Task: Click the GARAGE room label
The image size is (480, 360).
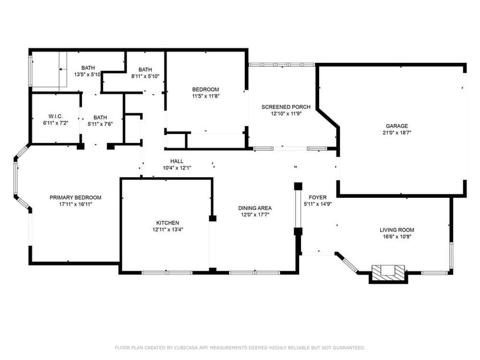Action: point(397,126)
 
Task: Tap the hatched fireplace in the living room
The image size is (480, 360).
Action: point(388,272)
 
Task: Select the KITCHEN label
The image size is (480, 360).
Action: point(168,223)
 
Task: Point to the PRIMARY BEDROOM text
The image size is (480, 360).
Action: point(75,197)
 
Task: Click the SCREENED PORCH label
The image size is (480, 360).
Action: point(286,107)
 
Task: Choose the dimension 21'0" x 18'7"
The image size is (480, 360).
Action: point(397,133)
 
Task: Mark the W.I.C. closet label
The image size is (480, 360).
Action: point(55,116)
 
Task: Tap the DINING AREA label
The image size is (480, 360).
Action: point(255,208)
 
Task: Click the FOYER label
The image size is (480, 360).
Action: point(317,197)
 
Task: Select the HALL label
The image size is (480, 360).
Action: point(177,161)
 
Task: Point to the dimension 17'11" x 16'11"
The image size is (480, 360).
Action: point(75,204)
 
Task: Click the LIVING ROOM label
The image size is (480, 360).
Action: point(397,230)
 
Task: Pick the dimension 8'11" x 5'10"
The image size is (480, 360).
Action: point(145,76)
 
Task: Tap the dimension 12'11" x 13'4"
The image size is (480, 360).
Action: point(168,230)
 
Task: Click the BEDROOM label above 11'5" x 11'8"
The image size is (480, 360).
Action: point(205,89)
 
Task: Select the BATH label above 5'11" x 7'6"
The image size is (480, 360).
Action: point(100,117)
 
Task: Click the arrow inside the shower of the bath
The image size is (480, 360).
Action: point(63,70)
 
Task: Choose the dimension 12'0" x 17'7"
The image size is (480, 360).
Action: point(255,215)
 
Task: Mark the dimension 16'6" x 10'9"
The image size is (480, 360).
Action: point(397,237)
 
